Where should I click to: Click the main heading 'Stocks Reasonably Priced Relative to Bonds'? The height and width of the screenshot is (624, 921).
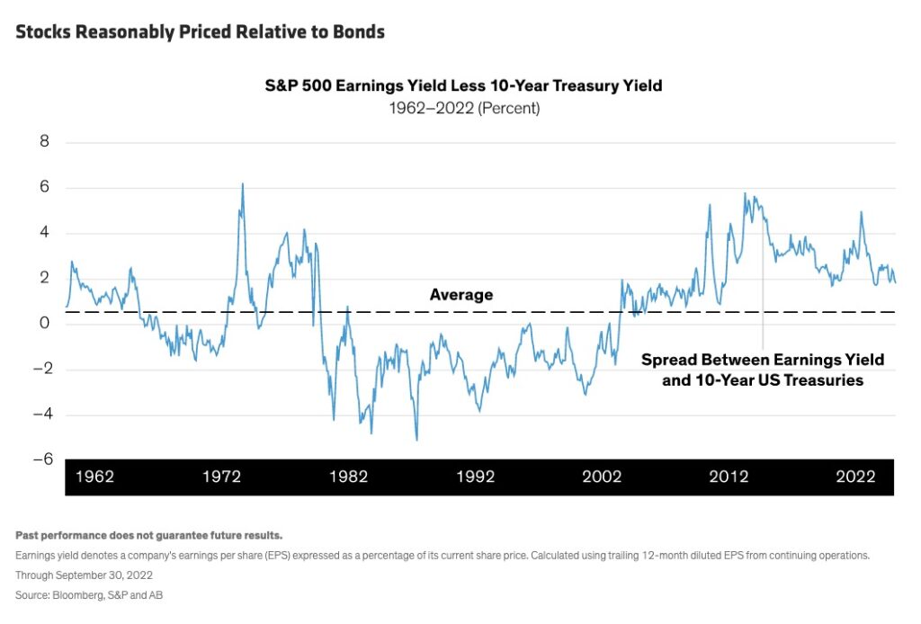(x=200, y=31)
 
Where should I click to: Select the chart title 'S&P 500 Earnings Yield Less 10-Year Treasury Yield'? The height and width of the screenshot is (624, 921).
(x=463, y=86)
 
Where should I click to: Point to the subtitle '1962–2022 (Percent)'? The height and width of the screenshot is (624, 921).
(x=463, y=108)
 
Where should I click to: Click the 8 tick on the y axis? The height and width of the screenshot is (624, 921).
(x=44, y=142)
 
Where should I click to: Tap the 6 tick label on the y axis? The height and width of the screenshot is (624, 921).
(x=44, y=188)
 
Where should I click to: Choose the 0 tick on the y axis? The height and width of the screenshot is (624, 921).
(x=44, y=324)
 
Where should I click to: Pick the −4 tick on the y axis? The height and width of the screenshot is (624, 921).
(x=40, y=415)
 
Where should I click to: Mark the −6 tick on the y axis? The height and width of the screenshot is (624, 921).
(x=40, y=459)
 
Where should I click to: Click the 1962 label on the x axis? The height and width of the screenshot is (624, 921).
(x=94, y=477)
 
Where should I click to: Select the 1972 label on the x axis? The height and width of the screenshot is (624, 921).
(x=221, y=477)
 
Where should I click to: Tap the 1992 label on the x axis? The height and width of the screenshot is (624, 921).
(x=475, y=477)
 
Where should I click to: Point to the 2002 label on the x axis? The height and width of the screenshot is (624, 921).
(x=602, y=477)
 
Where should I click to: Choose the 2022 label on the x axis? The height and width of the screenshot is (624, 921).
(x=855, y=477)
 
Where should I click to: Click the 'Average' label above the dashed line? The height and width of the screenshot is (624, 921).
(x=461, y=295)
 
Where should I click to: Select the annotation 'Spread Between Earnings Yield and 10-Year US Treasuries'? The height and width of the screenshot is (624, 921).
(x=763, y=370)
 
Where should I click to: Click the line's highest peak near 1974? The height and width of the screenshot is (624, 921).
(x=242, y=184)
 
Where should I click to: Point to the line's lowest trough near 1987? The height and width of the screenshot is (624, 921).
(x=416, y=440)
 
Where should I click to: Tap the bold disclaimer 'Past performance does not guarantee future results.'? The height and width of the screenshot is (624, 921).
(x=148, y=535)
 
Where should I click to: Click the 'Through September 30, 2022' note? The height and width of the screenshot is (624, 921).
(x=84, y=575)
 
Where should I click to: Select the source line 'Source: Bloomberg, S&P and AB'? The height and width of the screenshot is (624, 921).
(x=89, y=595)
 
